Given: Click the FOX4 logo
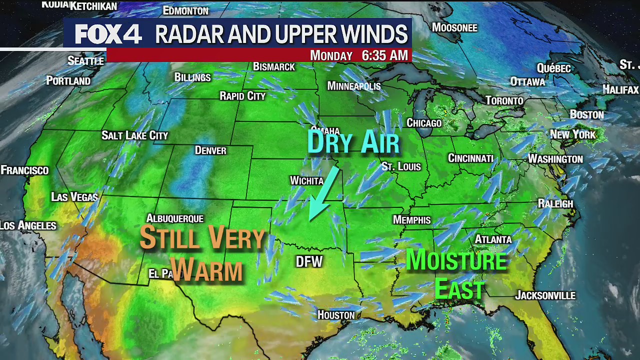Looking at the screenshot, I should coord(108,34).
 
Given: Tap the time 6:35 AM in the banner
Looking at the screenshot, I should coord(384,55).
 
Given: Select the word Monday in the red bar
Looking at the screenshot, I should coord(331,55).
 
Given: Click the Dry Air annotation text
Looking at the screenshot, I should coord(353,141).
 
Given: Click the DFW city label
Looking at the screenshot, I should coord(309,261).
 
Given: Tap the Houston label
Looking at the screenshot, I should coord(336,315).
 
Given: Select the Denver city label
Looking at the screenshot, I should coord(210,150).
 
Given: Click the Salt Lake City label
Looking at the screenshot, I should coord(135,135).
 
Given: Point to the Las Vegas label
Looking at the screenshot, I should coord(74,197).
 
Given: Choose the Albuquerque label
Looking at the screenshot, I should coord(174,218).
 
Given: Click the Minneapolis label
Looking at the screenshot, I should coord(354,86).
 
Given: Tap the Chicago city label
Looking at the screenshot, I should coord(424,123).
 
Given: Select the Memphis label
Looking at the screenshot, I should coord(411,220).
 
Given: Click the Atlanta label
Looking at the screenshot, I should coord(493,239).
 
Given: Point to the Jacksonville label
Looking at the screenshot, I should coord(545,295).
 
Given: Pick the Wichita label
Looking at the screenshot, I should coord(307,180).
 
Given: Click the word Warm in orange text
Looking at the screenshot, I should coord(206,270).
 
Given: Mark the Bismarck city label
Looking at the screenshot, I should coord(274,66).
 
